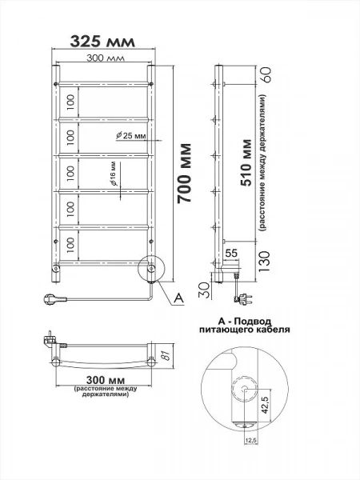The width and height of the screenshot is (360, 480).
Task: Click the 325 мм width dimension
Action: click(102, 42)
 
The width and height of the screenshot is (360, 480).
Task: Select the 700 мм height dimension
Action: click(185, 173)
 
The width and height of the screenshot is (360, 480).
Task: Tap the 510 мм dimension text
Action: click(246, 163)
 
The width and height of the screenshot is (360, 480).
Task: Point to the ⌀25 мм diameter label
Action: click(130, 135)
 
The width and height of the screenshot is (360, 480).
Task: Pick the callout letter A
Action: click(178, 298)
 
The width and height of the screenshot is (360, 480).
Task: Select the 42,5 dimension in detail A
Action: click(266, 403)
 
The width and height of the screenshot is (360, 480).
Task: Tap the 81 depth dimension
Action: click(166, 355)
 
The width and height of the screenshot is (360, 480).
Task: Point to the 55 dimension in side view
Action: click(231, 253)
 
